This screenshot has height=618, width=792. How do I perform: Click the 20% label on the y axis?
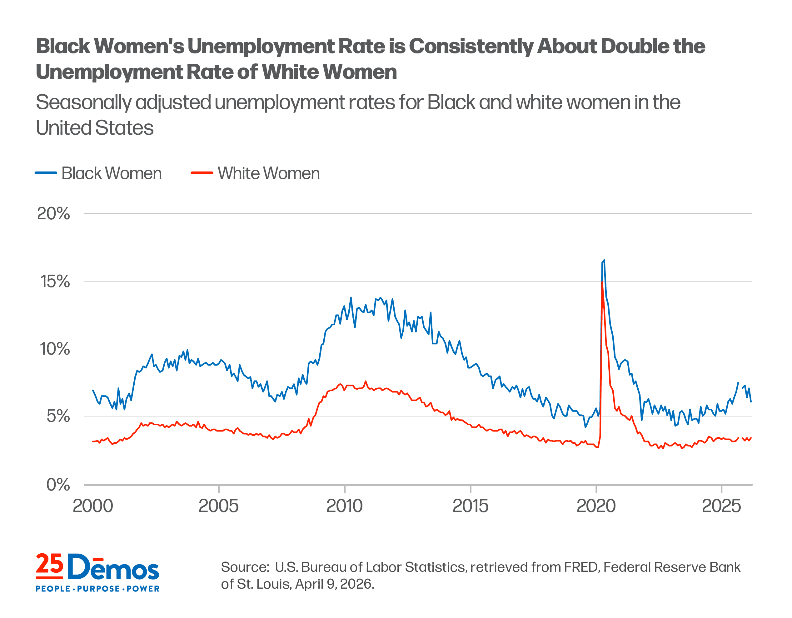click(x=53, y=214)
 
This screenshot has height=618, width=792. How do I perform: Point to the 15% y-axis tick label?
click(x=55, y=282)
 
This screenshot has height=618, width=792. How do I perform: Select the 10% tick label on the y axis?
click(x=55, y=349)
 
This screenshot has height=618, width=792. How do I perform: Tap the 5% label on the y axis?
click(x=58, y=416)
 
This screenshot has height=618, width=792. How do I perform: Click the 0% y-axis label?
click(x=58, y=485)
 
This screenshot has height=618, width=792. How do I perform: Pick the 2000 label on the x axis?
click(x=93, y=506)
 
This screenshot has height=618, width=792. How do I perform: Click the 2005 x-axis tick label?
click(x=219, y=506)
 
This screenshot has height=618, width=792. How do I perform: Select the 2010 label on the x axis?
click(x=345, y=506)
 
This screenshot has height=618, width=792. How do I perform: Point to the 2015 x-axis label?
click(x=470, y=506)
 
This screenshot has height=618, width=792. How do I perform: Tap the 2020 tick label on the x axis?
click(x=596, y=506)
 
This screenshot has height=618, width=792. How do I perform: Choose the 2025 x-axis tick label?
click(x=722, y=506)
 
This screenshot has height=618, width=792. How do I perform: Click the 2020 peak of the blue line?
click(x=604, y=260)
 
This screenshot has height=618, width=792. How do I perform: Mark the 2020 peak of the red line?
click(x=602, y=282)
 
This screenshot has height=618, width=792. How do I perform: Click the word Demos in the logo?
click(x=113, y=567)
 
